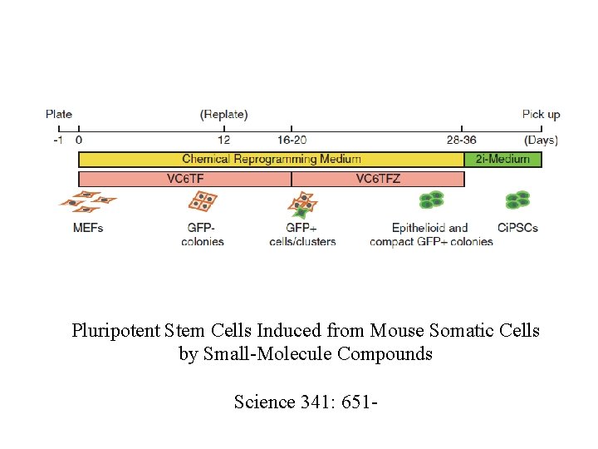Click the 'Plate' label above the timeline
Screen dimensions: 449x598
pos(59,115)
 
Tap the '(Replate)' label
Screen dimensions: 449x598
pos(223,115)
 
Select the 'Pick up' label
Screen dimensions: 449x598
pos(542,115)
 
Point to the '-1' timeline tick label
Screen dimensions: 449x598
pos(57,140)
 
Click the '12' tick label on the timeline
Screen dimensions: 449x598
pos(223,140)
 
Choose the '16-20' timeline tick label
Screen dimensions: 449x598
pos(292,140)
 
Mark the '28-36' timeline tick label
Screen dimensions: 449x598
pos(462,140)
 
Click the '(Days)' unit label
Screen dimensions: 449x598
pos(541,140)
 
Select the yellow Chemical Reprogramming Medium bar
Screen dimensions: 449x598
pos(271,159)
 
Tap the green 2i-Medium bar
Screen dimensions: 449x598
pos(502,159)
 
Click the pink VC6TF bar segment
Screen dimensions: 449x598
pos(184,179)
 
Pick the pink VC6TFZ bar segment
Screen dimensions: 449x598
pos(378,179)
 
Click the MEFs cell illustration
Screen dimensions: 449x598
pos(87,202)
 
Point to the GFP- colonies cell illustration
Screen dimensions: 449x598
pos(202,201)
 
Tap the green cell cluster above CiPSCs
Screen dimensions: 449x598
pos(518,200)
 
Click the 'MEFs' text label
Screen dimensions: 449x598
pos(88,228)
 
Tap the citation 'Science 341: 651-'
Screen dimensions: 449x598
pos(306,402)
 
